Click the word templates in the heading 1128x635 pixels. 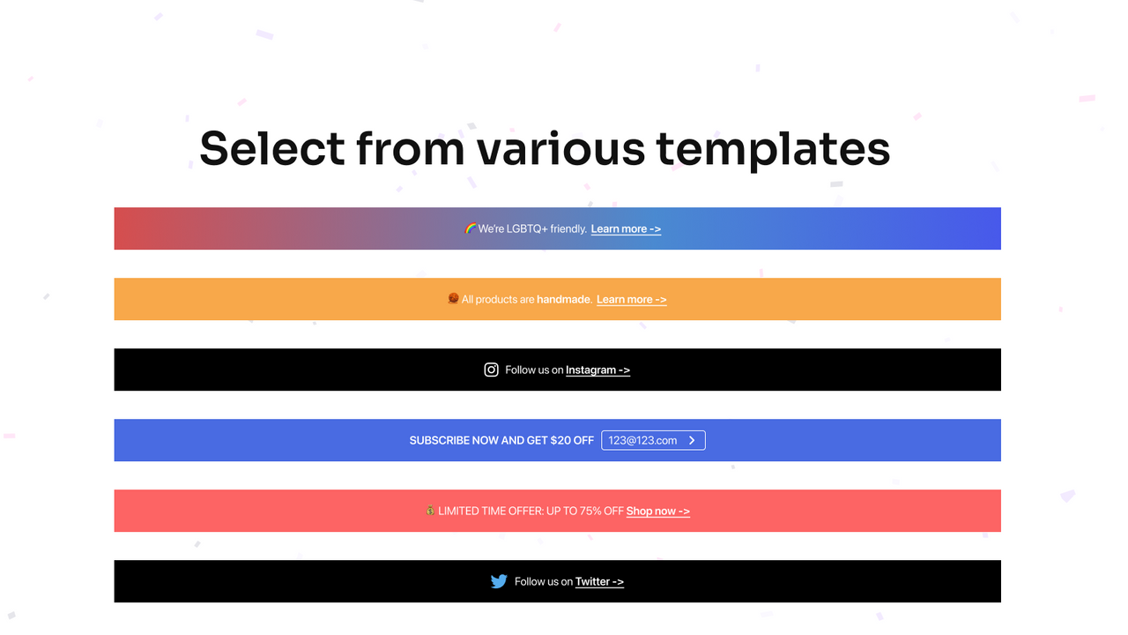tap(773, 150)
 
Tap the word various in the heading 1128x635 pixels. tap(560, 148)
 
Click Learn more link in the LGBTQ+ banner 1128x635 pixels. tap(626, 229)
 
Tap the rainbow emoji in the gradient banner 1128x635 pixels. tap(471, 228)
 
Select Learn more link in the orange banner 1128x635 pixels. tap(631, 300)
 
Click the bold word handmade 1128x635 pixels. tap(564, 300)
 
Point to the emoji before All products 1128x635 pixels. tap(453, 299)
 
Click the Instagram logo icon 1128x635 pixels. tap(492, 370)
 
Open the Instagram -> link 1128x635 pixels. tap(597, 370)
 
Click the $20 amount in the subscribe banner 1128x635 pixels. tap(560, 440)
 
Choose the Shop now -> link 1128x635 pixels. tap(657, 512)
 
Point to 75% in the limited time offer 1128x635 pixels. tap(590, 512)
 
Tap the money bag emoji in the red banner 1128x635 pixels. tap(430, 511)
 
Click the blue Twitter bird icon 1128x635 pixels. tap(499, 581)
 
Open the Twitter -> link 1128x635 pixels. tap(599, 582)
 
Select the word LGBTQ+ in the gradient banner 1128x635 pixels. tap(527, 229)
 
